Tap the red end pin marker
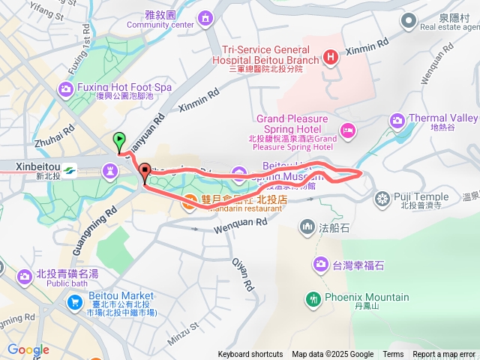coord(144,171)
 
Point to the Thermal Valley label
coord(442,118)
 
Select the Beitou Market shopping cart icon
coord(75,302)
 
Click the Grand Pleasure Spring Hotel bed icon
coord(347,132)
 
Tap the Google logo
coord(28,349)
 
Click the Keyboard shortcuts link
coord(250,355)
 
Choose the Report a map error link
coord(444,355)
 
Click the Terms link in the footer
coord(393,355)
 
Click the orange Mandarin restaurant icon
coord(190,201)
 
